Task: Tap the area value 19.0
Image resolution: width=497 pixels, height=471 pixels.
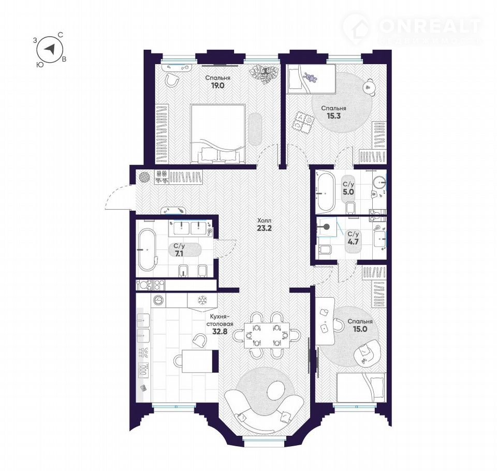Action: pyautogui.click(x=217, y=85)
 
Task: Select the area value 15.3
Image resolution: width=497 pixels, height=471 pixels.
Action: pyautogui.click(x=333, y=116)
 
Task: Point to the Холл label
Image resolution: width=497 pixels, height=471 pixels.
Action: pyautogui.click(x=264, y=220)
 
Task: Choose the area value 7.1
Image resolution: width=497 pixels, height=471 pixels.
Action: pyautogui.click(x=180, y=253)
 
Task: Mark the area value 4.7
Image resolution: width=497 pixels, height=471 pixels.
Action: pyautogui.click(x=353, y=242)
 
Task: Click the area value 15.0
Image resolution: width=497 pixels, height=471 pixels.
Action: pyautogui.click(x=360, y=329)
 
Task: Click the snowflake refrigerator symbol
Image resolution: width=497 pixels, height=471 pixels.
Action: pyautogui.click(x=201, y=300)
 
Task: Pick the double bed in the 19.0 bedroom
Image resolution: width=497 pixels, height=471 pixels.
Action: pyautogui.click(x=218, y=135)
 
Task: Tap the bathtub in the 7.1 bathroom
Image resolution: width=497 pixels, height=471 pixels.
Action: pyautogui.click(x=148, y=249)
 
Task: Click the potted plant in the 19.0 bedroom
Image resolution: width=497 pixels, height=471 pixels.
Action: pyautogui.click(x=263, y=74)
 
